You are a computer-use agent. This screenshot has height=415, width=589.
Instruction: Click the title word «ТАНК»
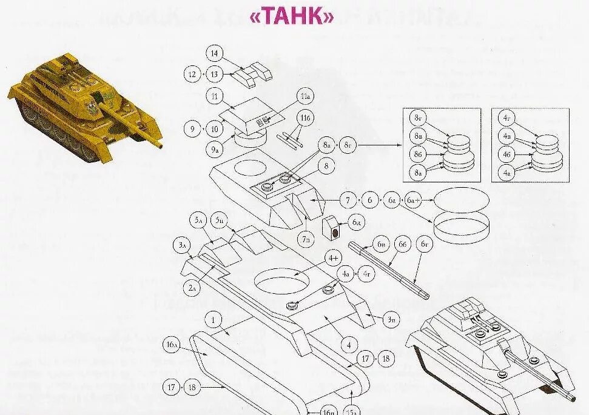(292, 17)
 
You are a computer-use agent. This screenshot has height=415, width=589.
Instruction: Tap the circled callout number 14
(214, 53)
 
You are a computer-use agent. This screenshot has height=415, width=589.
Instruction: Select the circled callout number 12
(192, 75)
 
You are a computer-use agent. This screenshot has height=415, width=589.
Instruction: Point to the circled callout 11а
(304, 96)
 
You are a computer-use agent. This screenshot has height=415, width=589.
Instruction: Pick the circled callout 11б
(303, 117)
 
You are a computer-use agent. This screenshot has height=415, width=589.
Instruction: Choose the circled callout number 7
(348, 199)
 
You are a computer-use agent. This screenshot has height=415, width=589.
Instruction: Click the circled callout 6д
(356, 223)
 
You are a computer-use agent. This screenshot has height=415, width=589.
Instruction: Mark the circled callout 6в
(381, 244)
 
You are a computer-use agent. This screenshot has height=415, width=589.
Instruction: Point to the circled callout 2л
(193, 288)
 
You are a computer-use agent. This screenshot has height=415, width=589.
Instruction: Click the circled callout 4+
(334, 258)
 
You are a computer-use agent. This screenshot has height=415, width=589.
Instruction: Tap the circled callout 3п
(392, 318)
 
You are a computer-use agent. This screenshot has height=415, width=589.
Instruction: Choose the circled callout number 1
(213, 319)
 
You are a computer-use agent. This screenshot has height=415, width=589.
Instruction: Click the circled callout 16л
(172, 345)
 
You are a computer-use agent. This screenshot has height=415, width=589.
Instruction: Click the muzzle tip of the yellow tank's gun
(161, 145)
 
